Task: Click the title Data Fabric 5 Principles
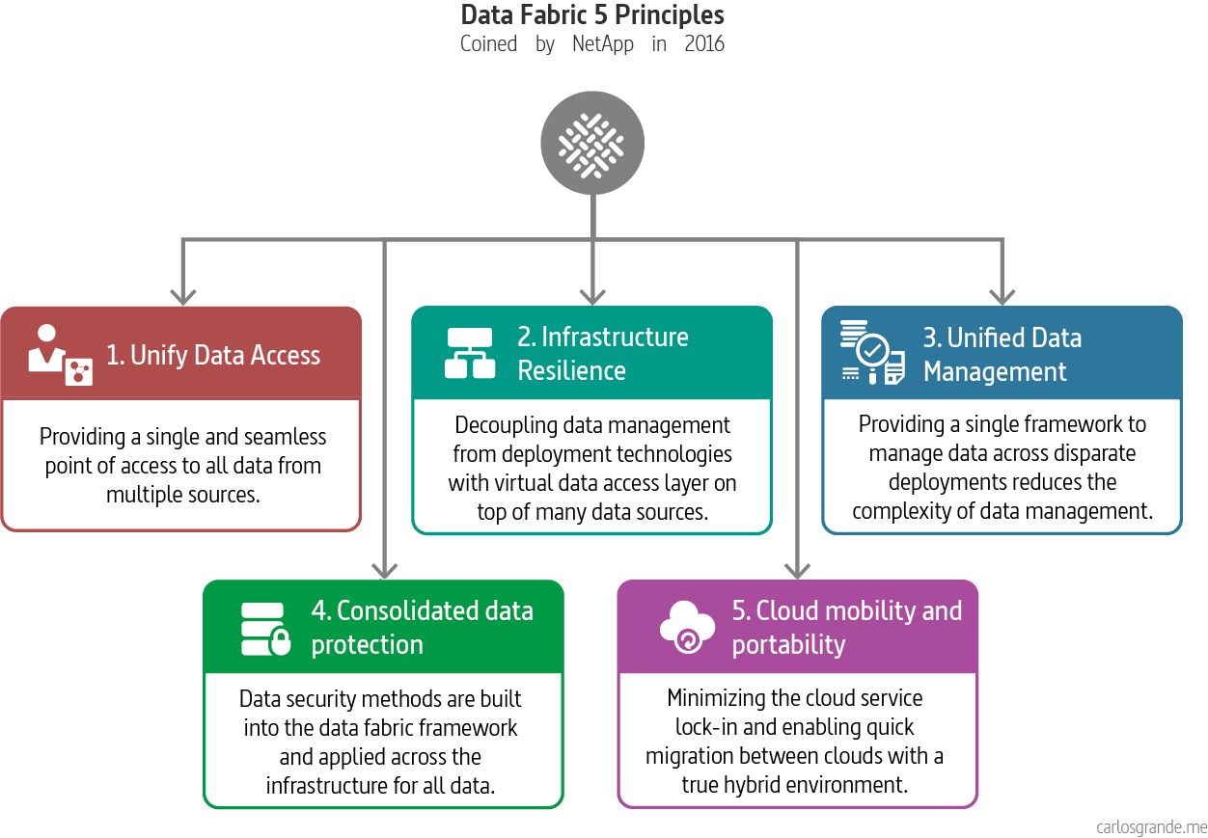pos(592,15)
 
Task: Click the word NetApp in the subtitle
pos(603,44)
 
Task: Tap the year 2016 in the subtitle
pos(703,44)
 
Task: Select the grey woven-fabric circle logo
pos(592,144)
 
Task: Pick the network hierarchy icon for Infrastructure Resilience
pos(470,354)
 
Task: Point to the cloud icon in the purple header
pos(687,627)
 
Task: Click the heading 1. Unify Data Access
pos(213,355)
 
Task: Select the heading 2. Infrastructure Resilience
pos(603,354)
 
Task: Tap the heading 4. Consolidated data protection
pos(422,628)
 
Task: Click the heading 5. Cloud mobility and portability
pos(846,628)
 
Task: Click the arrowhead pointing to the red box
pos(181,293)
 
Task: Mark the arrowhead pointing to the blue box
pos(1002,293)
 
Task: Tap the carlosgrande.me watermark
pos(1151,826)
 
